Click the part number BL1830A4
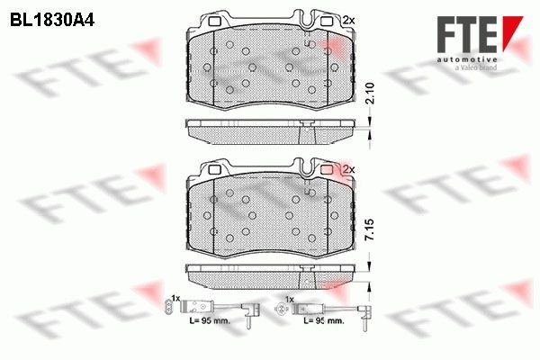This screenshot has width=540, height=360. click(x=42, y=16)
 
